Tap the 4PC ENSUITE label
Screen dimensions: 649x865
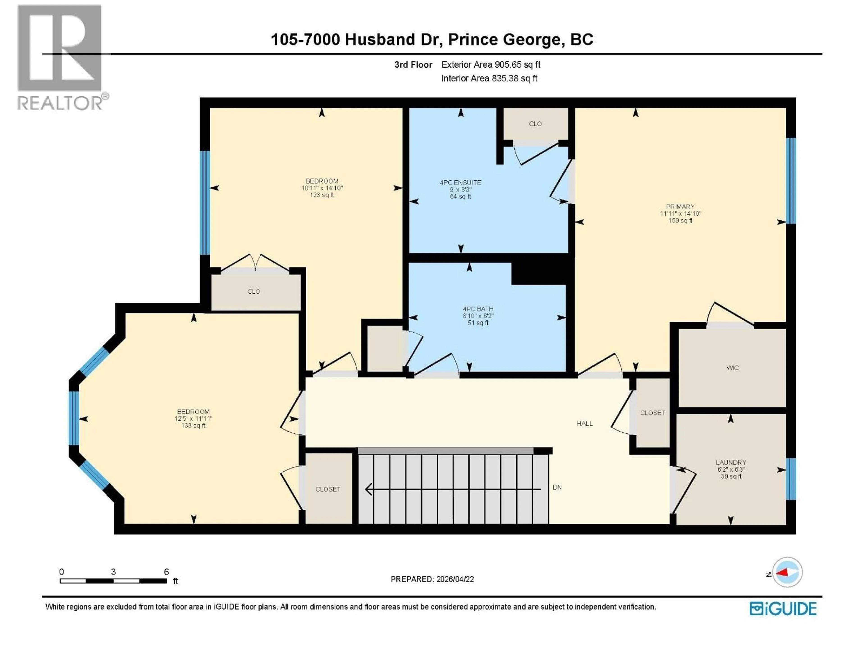tap(460, 182)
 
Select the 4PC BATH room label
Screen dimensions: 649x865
tap(478, 309)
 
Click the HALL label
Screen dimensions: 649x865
tap(585, 423)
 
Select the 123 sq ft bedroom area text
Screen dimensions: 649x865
tap(322, 195)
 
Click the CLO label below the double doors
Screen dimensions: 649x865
tap(254, 291)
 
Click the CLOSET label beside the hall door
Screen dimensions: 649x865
tap(653, 413)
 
